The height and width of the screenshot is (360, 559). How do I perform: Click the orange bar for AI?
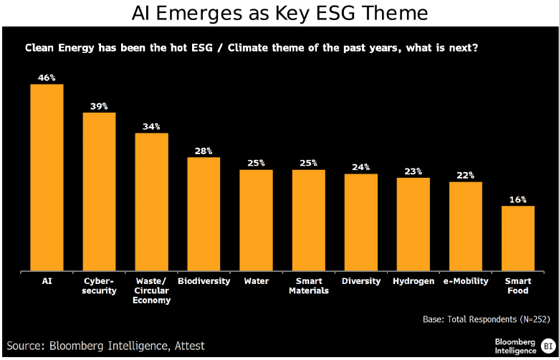[x=47, y=177]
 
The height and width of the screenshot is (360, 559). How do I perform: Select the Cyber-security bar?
[x=99, y=191]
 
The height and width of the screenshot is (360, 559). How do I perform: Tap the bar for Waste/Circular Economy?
[x=151, y=202]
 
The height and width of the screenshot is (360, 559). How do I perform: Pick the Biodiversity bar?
[x=204, y=214]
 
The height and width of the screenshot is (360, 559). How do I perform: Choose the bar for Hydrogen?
[x=413, y=224]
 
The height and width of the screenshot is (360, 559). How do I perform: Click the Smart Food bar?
[x=517, y=238]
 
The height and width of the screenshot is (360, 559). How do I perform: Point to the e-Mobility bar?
[x=465, y=226]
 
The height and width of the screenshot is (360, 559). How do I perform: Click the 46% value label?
[x=47, y=77]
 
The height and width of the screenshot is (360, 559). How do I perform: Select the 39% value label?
[x=99, y=105]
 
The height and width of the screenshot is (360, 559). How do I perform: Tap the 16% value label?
[x=517, y=199]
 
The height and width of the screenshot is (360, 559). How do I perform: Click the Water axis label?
[x=256, y=281]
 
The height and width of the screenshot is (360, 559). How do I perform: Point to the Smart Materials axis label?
[x=308, y=285]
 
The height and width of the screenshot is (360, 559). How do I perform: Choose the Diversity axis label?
[x=360, y=281]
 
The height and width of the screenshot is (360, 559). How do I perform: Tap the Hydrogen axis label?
[x=413, y=281]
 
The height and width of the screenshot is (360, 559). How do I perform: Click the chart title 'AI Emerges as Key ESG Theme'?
[x=279, y=13]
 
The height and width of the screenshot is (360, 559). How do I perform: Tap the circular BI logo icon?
[x=548, y=345]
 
